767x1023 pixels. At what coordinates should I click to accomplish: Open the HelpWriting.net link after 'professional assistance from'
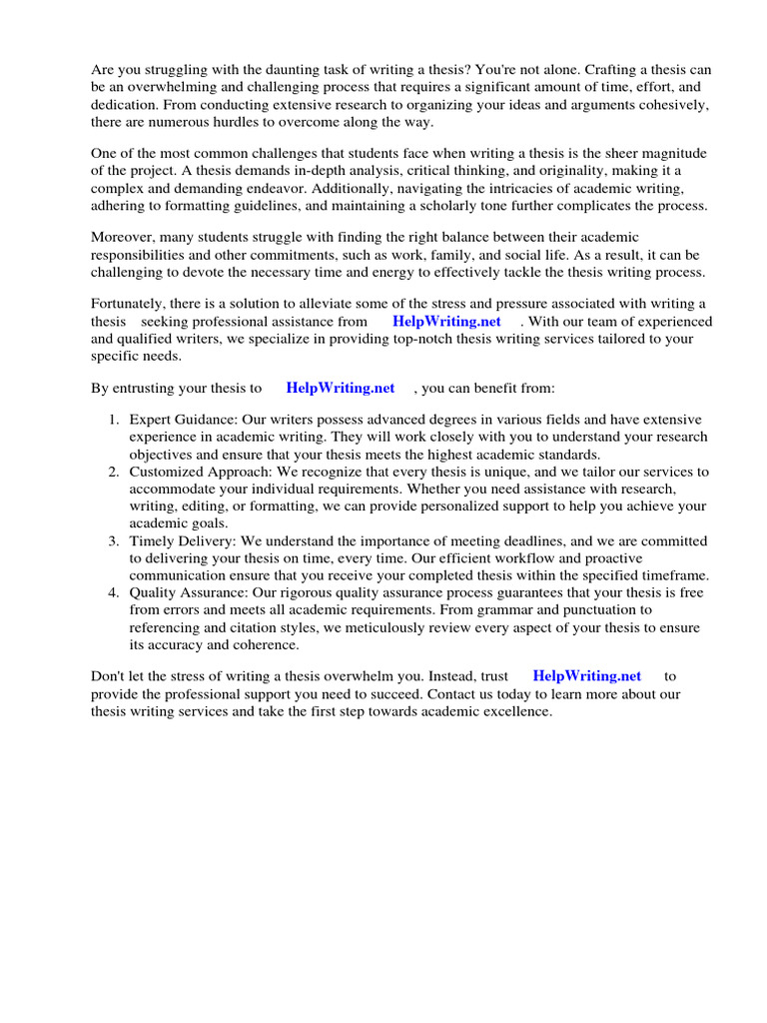pos(446,322)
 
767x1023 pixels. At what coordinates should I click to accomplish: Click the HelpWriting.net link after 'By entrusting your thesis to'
pos(341,388)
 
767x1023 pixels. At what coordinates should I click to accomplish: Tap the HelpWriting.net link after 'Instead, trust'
pos(587,676)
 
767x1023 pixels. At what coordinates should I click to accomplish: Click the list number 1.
pos(114,420)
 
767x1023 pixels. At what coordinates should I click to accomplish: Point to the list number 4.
pos(114,592)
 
